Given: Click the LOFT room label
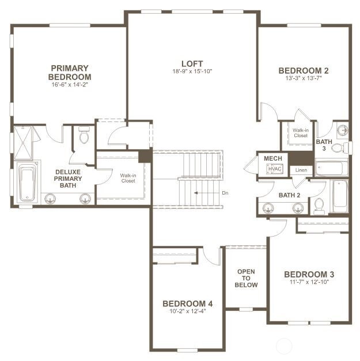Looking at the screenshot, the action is point(192,63).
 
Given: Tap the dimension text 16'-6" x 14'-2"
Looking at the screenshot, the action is point(70,85).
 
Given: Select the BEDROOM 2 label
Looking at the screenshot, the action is point(304,71).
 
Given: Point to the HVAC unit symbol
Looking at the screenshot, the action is point(275,169).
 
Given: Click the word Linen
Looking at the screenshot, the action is point(301,170).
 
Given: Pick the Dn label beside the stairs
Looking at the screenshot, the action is point(225,193).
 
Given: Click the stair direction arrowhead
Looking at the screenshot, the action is point(196,193).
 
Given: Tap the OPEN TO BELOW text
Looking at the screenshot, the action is point(246,278).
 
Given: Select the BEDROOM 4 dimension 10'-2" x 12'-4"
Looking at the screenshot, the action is point(187,311).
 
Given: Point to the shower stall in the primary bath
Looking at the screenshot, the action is point(23,143).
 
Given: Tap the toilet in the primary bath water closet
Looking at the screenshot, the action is point(84,135).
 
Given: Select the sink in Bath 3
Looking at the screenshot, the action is point(343,131).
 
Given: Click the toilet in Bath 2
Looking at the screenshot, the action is point(319,206).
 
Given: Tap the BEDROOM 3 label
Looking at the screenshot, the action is point(309,275).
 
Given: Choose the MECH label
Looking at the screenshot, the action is point(273,158).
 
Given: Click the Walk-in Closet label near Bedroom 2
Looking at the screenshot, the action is point(301,133).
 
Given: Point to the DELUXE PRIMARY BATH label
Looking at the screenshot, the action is point(68,178).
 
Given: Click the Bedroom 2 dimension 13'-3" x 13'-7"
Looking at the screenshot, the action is point(304,78).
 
